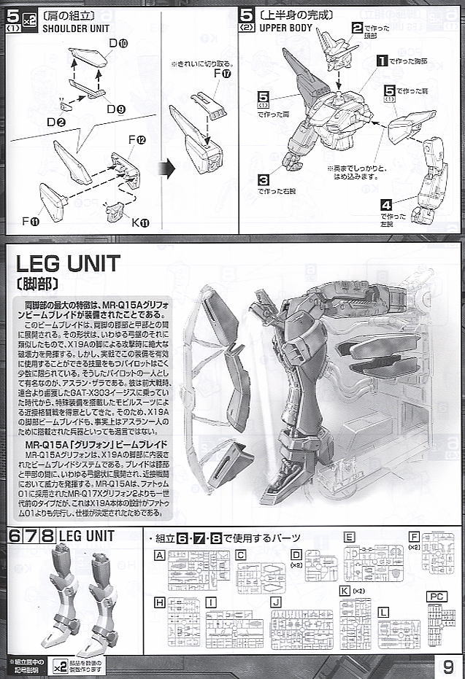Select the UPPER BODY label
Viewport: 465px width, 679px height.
285,27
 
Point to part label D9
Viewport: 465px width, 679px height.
115,109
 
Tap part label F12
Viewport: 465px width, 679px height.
137,139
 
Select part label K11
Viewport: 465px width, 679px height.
140,222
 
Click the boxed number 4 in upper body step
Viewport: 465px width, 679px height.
387,206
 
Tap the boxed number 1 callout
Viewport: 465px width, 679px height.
380,61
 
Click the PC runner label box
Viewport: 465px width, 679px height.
437,596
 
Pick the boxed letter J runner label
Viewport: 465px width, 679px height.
276,602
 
